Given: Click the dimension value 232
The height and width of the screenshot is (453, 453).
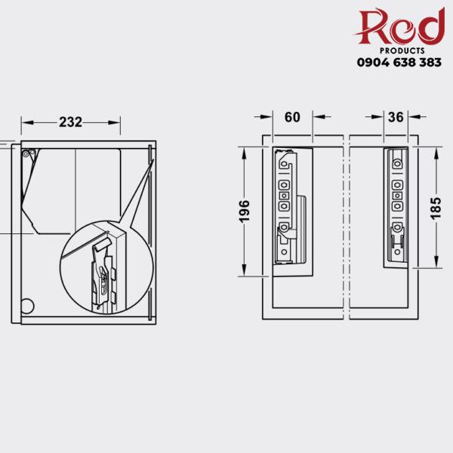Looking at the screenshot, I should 70,122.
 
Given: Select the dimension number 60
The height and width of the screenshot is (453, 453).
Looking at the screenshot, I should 292,117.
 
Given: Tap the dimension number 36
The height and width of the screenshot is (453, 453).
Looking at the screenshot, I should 396,117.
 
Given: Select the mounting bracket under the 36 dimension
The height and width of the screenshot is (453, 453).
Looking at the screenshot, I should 396,205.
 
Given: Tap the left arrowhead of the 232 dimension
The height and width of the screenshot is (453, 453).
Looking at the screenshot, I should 25,122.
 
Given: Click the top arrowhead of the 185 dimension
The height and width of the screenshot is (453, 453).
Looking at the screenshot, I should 437,153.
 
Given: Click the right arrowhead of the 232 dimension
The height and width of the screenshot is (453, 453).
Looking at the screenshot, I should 116,122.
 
